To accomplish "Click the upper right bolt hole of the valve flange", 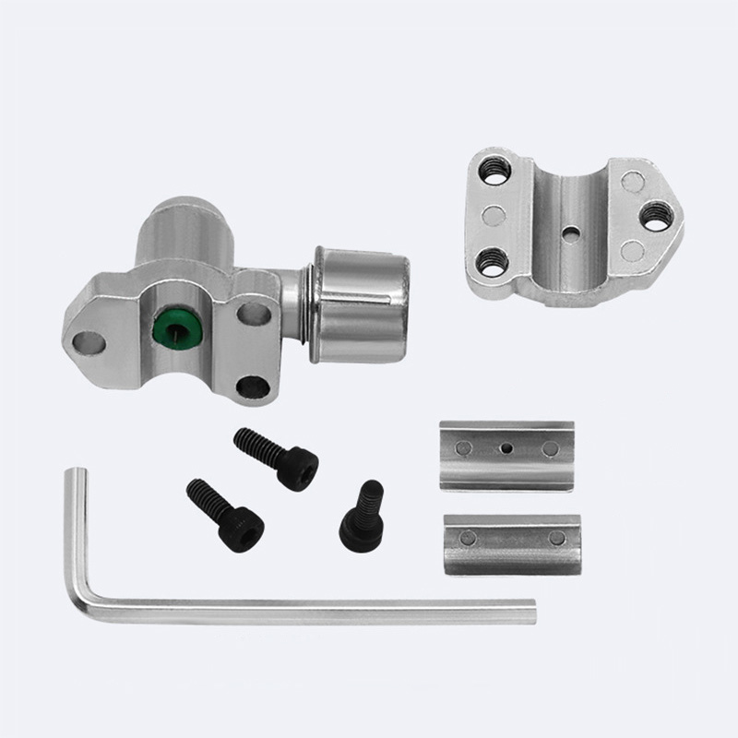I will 251,313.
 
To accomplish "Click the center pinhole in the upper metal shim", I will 506,447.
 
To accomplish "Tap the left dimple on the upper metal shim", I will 464,447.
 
